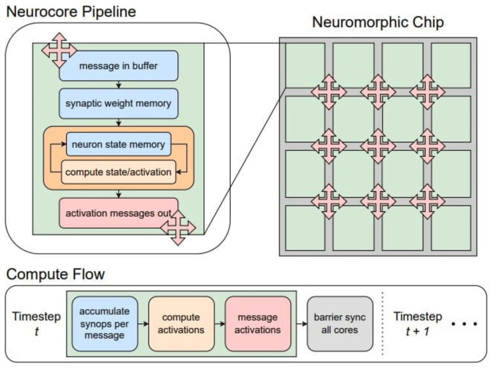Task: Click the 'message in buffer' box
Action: (x=118, y=66)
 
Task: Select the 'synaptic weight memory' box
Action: (x=118, y=104)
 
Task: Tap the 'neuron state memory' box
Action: (x=118, y=144)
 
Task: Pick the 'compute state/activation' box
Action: (x=118, y=172)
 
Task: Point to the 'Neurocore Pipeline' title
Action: (x=71, y=12)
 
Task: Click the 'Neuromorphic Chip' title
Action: (x=378, y=22)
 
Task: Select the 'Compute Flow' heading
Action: (x=55, y=274)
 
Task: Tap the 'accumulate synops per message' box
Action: (x=105, y=323)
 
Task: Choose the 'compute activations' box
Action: (x=181, y=323)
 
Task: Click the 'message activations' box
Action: (x=258, y=323)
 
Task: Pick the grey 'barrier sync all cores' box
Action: (x=340, y=323)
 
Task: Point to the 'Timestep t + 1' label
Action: (x=417, y=323)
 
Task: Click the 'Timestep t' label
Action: (x=36, y=323)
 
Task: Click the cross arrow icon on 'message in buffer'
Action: (x=59, y=50)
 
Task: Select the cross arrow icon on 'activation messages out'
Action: (x=178, y=227)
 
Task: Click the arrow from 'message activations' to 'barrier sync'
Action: (x=299, y=323)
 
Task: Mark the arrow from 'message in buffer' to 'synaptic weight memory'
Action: (x=118, y=85)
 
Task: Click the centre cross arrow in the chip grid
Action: (x=378, y=146)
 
